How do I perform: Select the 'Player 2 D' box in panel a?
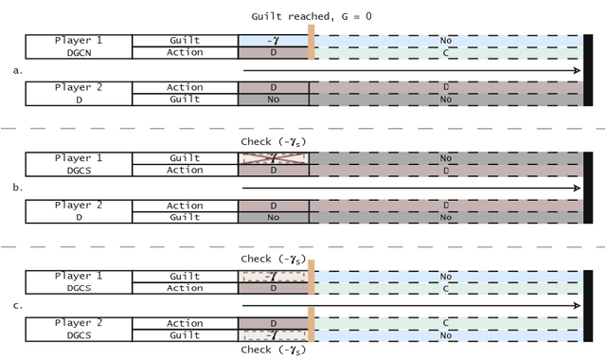coord(78,93)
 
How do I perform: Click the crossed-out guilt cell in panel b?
coord(273,158)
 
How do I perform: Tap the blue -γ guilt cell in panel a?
coord(273,41)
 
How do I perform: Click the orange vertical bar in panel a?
coord(311,45)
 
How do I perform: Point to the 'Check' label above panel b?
coord(275,142)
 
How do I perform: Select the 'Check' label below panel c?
coord(275,350)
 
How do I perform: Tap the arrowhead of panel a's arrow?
coord(576,71)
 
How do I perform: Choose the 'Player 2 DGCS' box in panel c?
coord(78,329)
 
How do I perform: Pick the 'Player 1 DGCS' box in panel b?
coord(78,164)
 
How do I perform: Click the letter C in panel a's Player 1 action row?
coord(445,53)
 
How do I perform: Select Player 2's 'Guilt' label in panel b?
coord(185,217)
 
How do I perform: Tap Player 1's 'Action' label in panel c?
coord(185,288)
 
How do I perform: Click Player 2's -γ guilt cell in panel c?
coord(273,335)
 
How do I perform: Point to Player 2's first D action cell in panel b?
coord(273,205)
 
